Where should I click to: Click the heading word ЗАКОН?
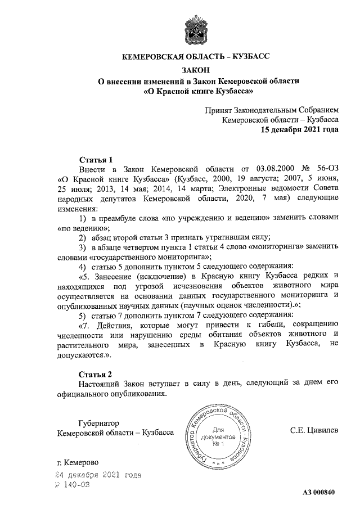click(x=196, y=70)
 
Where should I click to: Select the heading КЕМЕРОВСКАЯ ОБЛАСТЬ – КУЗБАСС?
click(x=196, y=56)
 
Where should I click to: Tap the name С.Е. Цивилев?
click(x=314, y=431)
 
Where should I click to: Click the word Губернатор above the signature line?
click(x=98, y=422)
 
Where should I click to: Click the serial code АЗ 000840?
click(x=319, y=493)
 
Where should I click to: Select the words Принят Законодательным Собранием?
click(x=272, y=110)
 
